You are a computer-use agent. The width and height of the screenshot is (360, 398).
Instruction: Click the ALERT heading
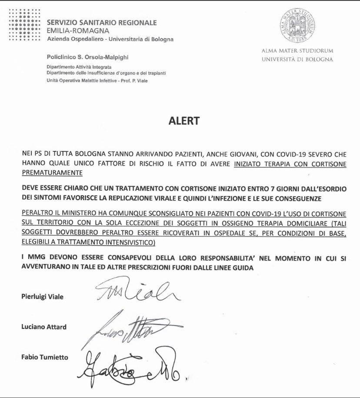pos(184,121)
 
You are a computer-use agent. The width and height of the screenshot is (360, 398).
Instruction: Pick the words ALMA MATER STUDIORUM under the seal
pos(297,51)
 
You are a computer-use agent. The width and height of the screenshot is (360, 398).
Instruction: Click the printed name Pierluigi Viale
pos(42,297)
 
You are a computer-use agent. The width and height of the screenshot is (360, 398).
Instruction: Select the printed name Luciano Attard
pos(43,327)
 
